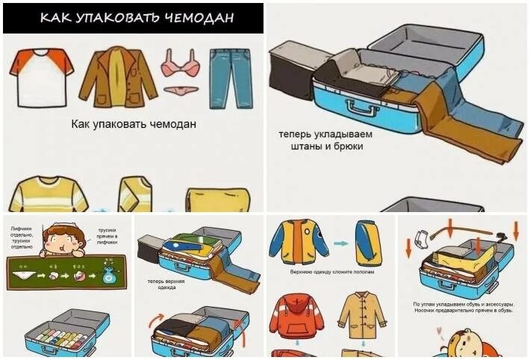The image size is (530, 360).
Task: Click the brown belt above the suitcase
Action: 470,227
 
